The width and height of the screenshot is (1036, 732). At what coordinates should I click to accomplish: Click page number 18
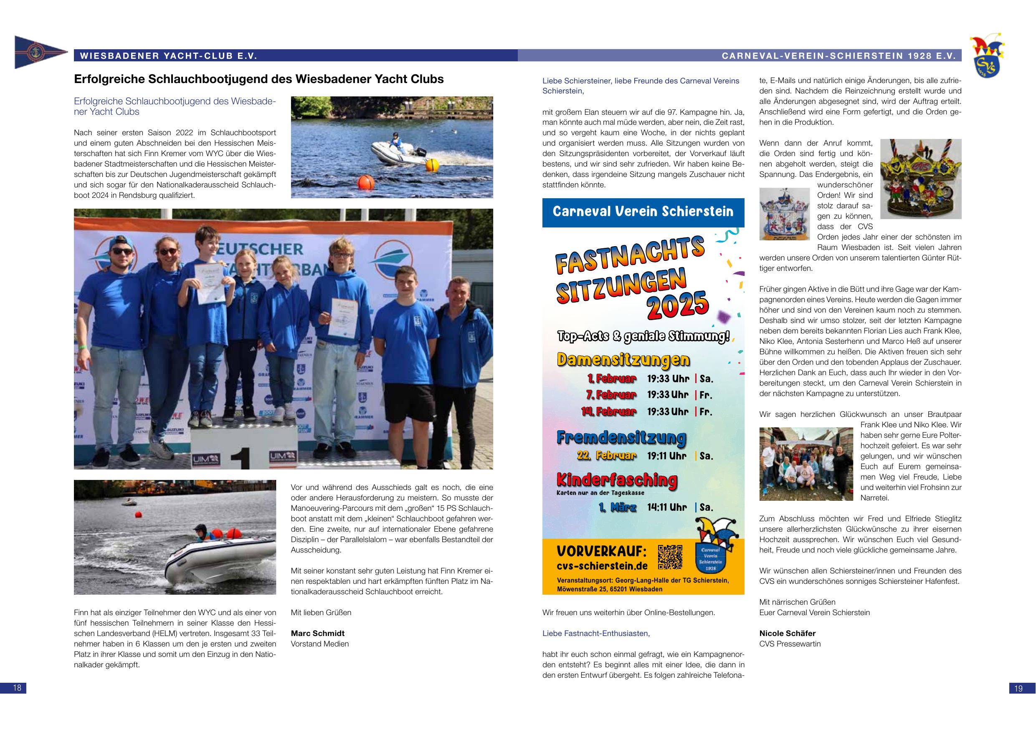(x=13, y=688)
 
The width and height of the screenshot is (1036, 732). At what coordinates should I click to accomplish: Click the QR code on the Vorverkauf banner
(x=670, y=557)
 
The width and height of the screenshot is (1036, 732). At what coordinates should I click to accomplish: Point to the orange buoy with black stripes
(x=366, y=183)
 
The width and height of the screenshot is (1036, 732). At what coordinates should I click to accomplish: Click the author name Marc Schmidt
(x=318, y=633)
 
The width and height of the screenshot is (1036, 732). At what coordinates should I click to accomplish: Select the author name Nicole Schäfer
(x=788, y=633)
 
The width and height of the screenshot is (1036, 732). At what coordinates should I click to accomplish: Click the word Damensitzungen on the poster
(x=623, y=359)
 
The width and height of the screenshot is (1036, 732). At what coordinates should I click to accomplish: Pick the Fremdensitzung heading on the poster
(x=621, y=437)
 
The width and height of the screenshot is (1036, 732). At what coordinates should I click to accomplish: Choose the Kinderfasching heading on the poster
(x=617, y=480)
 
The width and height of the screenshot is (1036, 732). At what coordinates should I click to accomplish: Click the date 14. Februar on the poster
(x=609, y=411)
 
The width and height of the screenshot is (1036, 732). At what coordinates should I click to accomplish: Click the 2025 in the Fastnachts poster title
(x=677, y=306)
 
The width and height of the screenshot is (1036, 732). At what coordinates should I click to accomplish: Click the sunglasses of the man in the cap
(x=123, y=251)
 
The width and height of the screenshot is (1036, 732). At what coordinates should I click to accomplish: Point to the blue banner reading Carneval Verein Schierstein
(x=643, y=212)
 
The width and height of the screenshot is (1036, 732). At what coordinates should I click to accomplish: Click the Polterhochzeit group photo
(x=806, y=464)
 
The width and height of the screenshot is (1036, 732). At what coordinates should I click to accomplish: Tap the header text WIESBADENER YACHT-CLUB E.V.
(x=168, y=56)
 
